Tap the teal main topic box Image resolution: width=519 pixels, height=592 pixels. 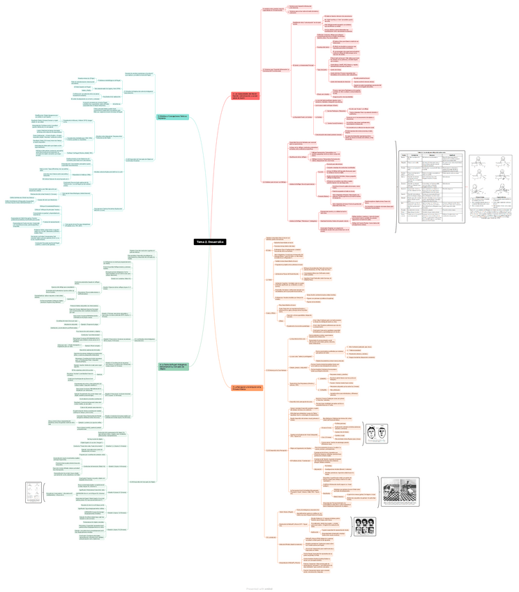coord(171,117)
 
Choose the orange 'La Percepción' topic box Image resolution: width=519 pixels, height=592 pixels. coord(246,387)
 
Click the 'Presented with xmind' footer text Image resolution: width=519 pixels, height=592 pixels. coord(259,588)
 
